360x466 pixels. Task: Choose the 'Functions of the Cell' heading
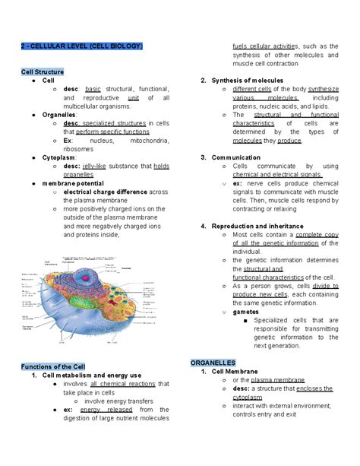[x=55, y=367]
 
